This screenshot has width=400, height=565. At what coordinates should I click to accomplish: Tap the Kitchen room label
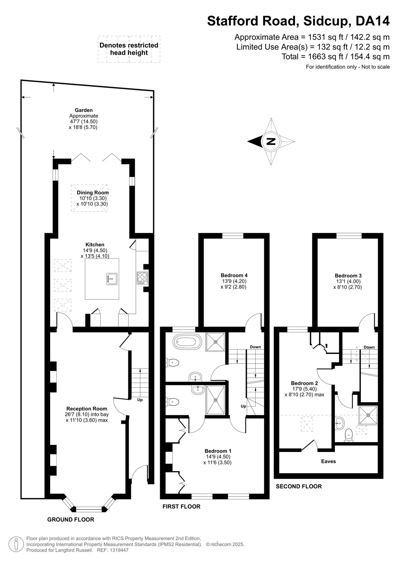95,244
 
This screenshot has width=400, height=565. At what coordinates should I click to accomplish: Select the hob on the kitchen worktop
143,278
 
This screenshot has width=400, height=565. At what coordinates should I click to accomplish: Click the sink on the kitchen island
112,279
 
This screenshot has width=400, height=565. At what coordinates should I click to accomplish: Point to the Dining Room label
93,192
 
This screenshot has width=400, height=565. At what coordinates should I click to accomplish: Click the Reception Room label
87,409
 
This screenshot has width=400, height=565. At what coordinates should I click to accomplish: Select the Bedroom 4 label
234,275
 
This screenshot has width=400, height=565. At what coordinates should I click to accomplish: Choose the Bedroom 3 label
348,276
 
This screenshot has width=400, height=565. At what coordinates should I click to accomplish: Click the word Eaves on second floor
329,461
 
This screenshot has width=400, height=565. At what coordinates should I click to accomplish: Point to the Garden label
83,110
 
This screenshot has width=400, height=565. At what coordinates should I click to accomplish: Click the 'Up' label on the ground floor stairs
140,400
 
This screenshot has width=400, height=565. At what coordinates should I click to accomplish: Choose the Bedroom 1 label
218,451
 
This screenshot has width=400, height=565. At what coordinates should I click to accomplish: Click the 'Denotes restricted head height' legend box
129,49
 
